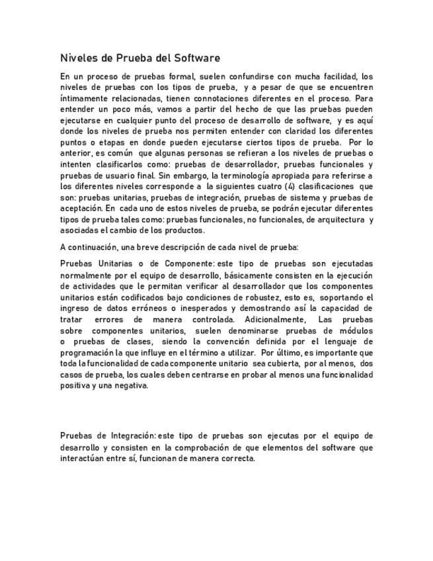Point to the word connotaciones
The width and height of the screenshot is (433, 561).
click(x=217, y=97)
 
